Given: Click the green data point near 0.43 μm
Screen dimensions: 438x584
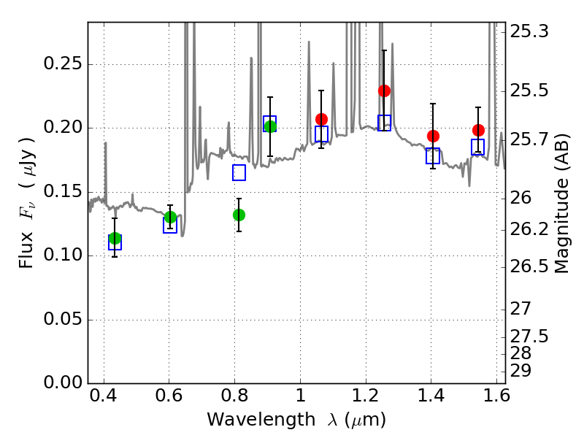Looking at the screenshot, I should click(115, 238).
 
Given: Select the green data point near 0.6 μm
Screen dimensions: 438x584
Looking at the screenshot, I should click(170, 217).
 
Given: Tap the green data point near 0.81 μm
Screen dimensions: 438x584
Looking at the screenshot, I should click(239, 215).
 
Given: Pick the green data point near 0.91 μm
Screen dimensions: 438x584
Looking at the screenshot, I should click(270, 126).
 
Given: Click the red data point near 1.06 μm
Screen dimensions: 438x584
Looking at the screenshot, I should click(321, 119).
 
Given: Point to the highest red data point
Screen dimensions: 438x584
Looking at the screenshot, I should click(384, 91).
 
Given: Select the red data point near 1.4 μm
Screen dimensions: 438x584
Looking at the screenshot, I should click(433, 136).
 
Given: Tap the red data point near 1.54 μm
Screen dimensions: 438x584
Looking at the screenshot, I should click(478, 130).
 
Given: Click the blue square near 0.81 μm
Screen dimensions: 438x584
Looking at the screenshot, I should click(239, 173).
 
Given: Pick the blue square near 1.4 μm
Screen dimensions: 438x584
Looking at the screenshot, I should click(433, 155).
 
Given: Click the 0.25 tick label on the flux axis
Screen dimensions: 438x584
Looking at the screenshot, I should click(62, 64).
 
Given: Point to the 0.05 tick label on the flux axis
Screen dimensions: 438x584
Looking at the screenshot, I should click(62, 320).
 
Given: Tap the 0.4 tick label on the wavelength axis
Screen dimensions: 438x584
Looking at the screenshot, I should click(104, 399).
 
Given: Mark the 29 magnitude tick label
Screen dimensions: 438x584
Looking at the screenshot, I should click(523, 371).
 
